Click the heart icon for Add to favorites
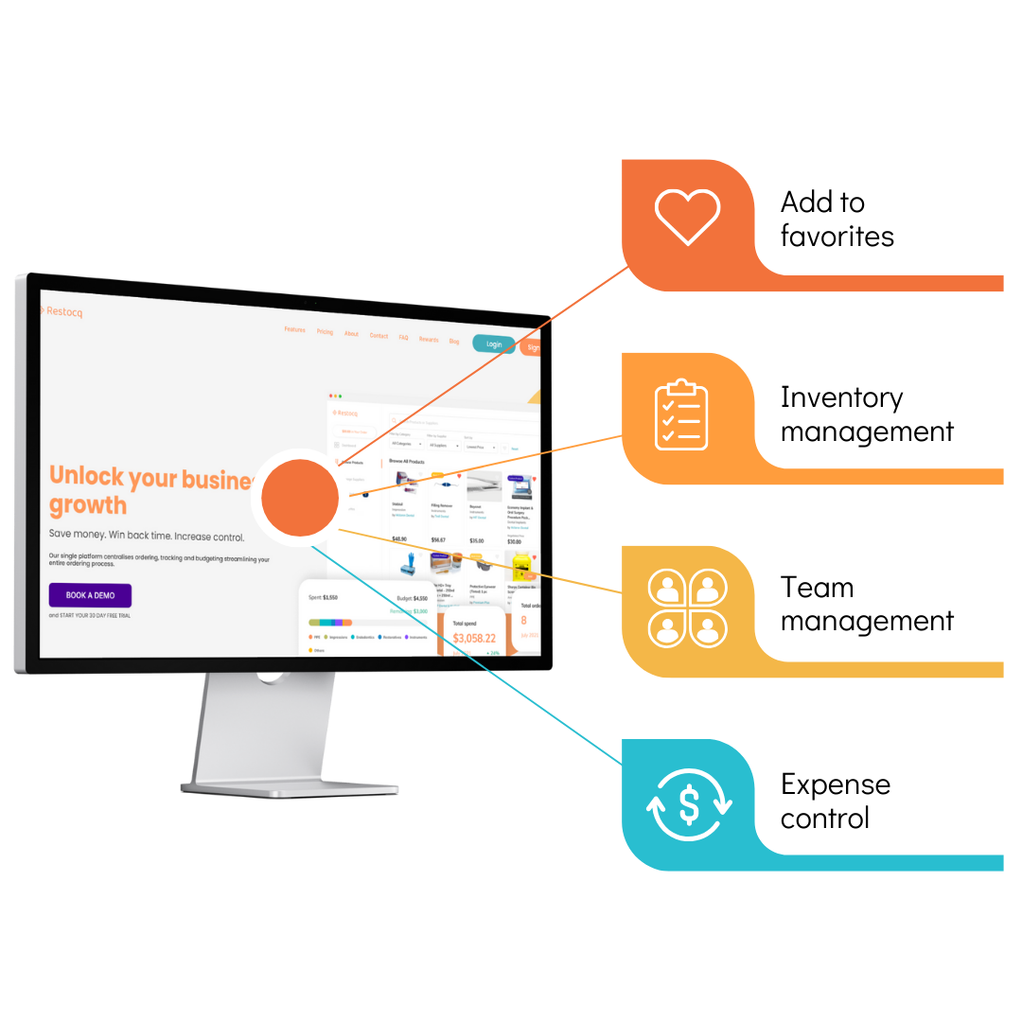tap(688, 218)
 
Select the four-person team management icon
tap(687, 607)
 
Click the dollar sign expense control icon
tap(689, 805)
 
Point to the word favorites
tap(837, 236)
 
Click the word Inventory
tap(841, 397)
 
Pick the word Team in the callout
tap(817, 588)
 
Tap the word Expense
tap(835, 784)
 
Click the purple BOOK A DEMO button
tap(90, 595)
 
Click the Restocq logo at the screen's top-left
tap(62, 312)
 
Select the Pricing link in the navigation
tap(325, 332)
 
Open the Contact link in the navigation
tap(379, 336)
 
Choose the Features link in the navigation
tap(295, 330)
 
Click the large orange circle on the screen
tap(300, 498)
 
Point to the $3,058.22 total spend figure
tap(474, 638)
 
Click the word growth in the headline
tap(88, 504)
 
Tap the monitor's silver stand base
tap(289, 786)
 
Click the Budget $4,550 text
tap(412, 598)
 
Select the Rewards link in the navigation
tap(429, 339)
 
